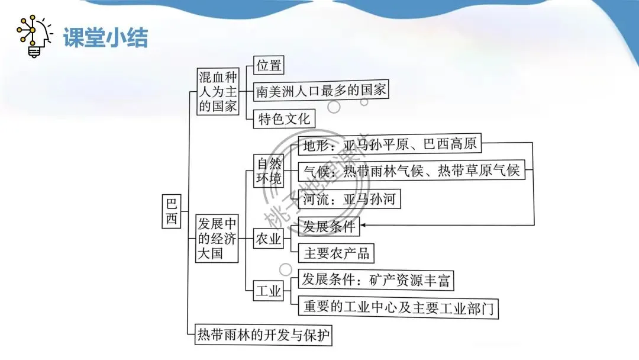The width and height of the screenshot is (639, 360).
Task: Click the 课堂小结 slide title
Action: click(x=105, y=38)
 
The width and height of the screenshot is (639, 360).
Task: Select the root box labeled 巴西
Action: click(x=171, y=211)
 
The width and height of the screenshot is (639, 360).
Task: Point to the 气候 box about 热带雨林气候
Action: click(x=411, y=171)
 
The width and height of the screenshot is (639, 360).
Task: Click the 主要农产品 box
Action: click(x=336, y=253)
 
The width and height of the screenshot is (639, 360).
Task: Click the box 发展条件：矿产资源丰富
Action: click(x=376, y=279)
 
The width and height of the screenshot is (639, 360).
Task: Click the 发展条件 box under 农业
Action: click(x=329, y=226)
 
